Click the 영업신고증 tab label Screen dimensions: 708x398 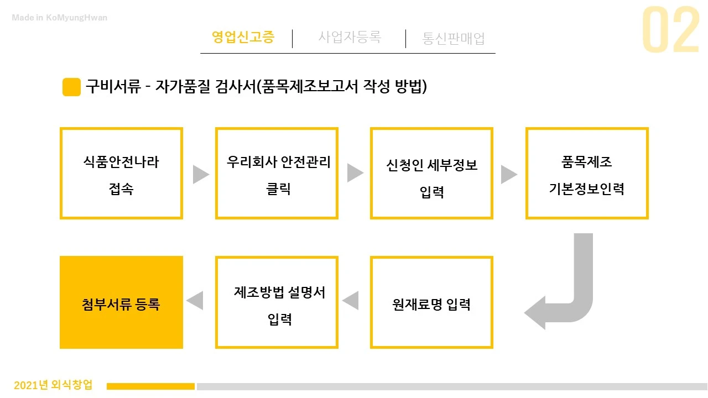(x=243, y=38)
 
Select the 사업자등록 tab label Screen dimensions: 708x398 (x=350, y=38)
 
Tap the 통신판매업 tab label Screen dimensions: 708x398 (x=454, y=39)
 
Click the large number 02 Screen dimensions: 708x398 (x=670, y=31)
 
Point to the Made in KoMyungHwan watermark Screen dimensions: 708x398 (x=60, y=18)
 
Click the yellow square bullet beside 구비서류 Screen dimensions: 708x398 (x=72, y=87)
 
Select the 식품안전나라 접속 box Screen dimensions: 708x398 (x=121, y=174)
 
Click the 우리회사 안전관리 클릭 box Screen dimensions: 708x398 (x=277, y=174)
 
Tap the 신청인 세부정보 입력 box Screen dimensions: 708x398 (x=431, y=174)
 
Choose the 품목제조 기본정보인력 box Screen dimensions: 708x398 (x=587, y=174)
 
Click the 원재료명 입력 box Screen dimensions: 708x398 (x=431, y=302)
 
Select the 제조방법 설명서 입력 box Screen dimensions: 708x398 (x=277, y=302)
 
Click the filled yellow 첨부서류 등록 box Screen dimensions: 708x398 (x=121, y=302)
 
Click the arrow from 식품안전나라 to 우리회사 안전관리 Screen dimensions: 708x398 (x=200, y=174)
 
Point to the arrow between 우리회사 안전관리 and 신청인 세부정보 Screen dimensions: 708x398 (x=355, y=174)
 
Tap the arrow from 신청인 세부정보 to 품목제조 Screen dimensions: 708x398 (x=509, y=174)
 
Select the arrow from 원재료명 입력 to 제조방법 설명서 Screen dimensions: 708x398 (x=351, y=301)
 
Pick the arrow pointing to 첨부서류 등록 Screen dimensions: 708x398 (x=195, y=301)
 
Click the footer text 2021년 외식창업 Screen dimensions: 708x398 (x=53, y=385)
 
